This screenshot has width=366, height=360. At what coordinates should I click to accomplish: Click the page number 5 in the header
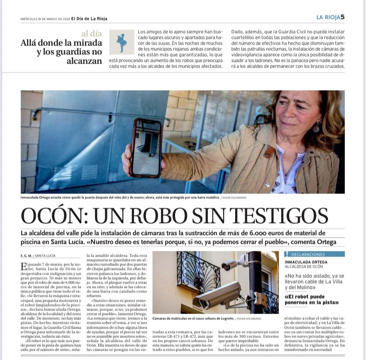point(343,17)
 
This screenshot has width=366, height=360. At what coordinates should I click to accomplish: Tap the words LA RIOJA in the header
point(328,17)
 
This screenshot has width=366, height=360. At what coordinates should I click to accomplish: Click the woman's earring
point(316,128)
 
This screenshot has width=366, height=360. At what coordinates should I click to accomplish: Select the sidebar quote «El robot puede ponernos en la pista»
point(312,299)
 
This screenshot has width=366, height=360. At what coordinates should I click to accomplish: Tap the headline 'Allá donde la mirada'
point(61,43)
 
